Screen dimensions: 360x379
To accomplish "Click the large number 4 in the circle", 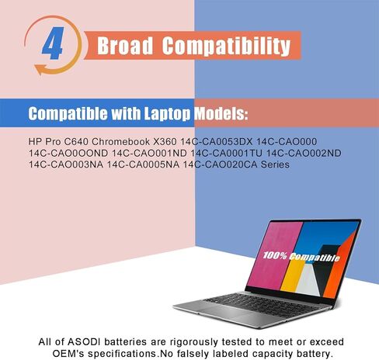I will (53, 47).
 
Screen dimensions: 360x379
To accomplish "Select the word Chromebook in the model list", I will (107, 141).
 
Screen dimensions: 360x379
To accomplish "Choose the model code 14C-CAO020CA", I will (223, 164).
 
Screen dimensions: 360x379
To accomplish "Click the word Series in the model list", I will (274, 164).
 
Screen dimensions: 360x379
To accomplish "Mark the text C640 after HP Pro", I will (64, 141).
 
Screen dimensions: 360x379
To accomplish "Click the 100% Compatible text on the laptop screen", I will (301, 256).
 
